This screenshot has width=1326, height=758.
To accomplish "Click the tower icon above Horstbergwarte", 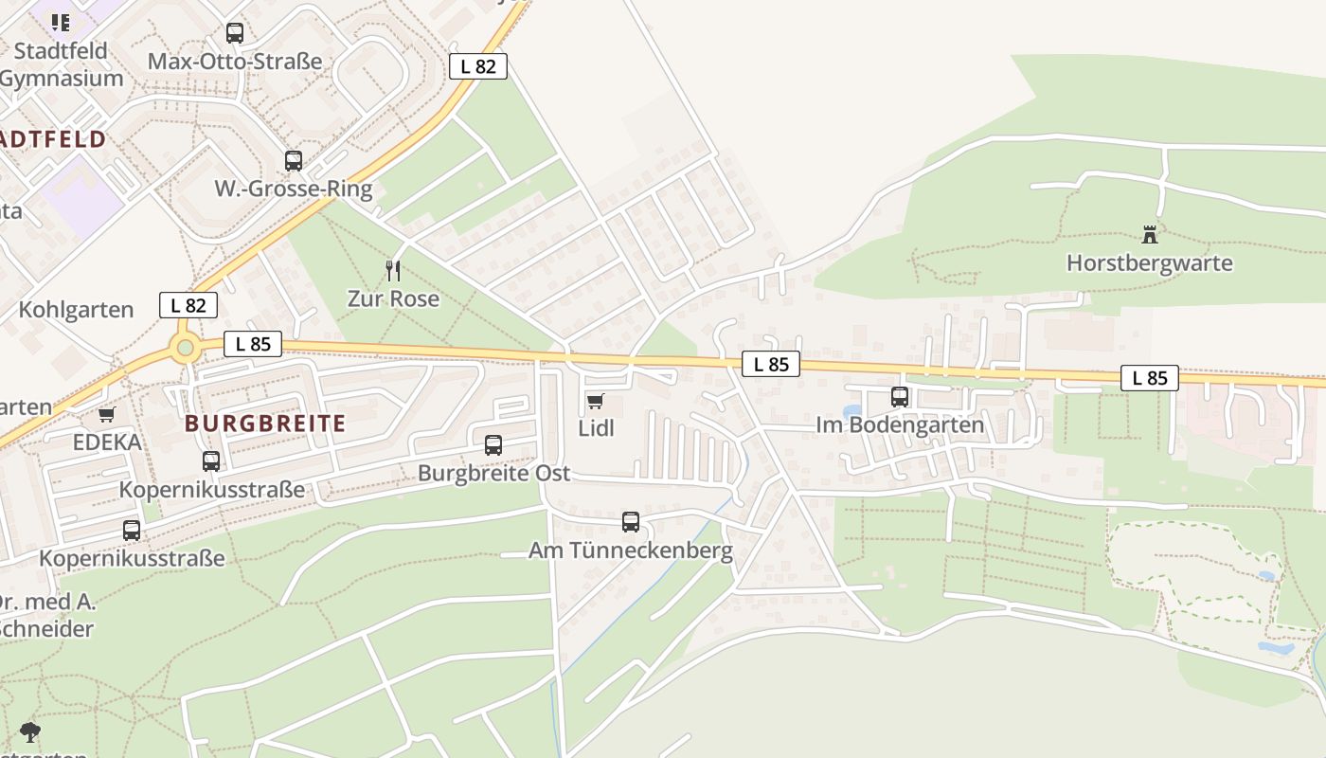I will [x=1150, y=234].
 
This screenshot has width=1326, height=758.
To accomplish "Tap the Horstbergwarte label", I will [x=1150, y=263].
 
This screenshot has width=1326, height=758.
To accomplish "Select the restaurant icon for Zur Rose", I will [x=393, y=271].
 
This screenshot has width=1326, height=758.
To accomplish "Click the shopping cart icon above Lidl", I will [x=595, y=402].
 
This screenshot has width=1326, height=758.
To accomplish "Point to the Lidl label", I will [x=596, y=428].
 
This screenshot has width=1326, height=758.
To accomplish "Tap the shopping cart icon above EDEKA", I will [x=107, y=415].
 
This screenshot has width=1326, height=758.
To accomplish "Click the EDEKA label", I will [x=107, y=442].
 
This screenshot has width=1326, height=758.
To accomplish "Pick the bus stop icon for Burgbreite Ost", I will [x=493, y=445].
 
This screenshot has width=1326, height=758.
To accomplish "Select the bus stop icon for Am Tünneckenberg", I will [x=631, y=521].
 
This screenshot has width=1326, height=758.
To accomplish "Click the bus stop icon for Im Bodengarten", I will [x=900, y=397].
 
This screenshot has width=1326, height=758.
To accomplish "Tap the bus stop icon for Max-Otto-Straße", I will [x=235, y=33].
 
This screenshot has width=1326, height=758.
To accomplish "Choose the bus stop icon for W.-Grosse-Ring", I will [x=294, y=161].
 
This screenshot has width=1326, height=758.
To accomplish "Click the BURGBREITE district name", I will [x=265, y=424].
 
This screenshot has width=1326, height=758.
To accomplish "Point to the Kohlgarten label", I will [x=76, y=311].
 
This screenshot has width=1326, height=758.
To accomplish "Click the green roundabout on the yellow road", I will [x=185, y=348].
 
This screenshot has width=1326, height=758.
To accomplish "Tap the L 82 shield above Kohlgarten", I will [x=188, y=305].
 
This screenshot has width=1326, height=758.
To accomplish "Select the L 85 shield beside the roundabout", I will [x=253, y=344].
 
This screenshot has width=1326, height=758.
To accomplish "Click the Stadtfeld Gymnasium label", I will [x=61, y=64].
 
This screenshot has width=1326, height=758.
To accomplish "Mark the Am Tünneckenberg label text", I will [x=631, y=550].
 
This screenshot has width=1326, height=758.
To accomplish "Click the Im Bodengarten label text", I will [x=900, y=425].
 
